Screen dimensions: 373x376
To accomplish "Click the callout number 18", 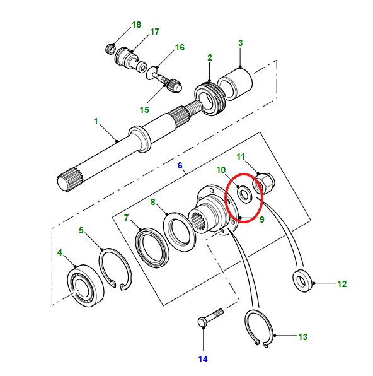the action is point(136,25).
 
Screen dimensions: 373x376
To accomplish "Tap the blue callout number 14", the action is point(203,359).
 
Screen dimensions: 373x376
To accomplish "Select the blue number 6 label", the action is point(180,165).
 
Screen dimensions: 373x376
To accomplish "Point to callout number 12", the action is point(342,284).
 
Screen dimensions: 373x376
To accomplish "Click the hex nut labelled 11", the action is point(264,184).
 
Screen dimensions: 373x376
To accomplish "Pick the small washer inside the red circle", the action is point(244,194).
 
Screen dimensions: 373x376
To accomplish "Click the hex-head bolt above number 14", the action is point(210,317).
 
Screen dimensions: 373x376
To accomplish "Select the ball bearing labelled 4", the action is point(86,286).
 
